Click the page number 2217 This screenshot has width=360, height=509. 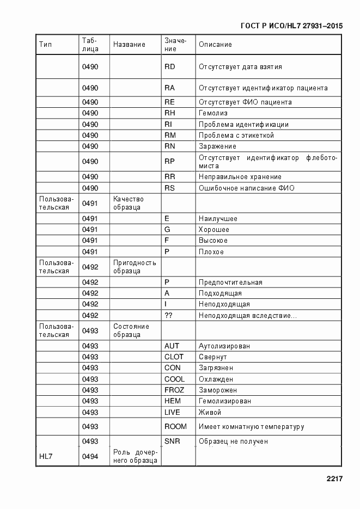(x=334, y=479)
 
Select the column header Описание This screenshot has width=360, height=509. (x=215, y=45)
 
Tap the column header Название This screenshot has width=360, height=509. (x=129, y=45)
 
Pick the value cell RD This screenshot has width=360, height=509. (x=169, y=67)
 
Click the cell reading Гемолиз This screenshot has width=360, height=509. (x=213, y=113)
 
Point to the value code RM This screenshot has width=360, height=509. (x=170, y=135)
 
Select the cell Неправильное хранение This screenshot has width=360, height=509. (x=240, y=177)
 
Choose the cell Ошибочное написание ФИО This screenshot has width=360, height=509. (x=247, y=188)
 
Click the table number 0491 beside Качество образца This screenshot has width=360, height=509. (x=90, y=204)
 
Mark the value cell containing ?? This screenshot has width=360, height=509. (x=168, y=315)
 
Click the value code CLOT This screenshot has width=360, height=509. (x=174, y=357)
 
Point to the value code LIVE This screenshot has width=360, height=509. (x=172, y=413)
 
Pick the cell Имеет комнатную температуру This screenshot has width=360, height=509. (x=251, y=427)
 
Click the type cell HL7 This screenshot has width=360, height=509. (x=46, y=457)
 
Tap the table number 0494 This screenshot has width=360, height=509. (x=90, y=457)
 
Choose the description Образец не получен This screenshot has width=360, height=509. (x=233, y=441)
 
